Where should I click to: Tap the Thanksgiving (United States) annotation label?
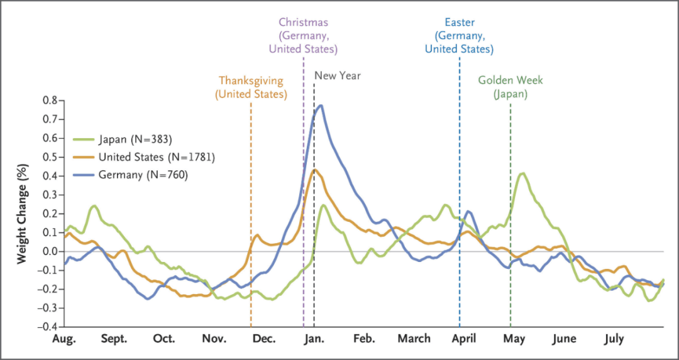pyautogui.click(x=251, y=87)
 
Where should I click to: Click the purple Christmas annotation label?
pyautogui.click(x=303, y=35)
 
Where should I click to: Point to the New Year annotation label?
pyautogui.click(x=338, y=76)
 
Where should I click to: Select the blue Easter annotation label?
pyautogui.click(x=459, y=35)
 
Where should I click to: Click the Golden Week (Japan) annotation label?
pyautogui.click(x=510, y=87)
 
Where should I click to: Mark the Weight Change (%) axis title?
pyautogui.click(x=23, y=213)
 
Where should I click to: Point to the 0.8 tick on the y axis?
pyautogui.click(x=50, y=101)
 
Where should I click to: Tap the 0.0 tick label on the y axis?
pyautogui.click(x=50, y=251)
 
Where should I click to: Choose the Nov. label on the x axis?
pyautogui.click(x=214, y=339)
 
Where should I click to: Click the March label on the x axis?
pyautogui.click(x=414, y=339)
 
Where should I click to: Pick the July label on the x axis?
pyautogui.click(x=614, y=339)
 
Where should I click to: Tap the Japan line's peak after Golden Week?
pyautogui.click(x=522, y=173)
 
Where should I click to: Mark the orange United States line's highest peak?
pyautogui.click(x=314, y=170)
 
